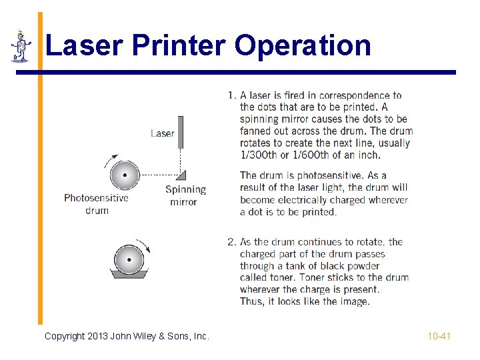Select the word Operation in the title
(303, 46)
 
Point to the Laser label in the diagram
(162, 133)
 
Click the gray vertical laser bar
(180, 132)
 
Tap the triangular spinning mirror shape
(181, 175)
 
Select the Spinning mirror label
(185, 196)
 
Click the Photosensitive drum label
(96, 204)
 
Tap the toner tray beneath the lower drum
(129, 273)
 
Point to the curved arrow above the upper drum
(109, 160)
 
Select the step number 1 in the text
(230, 95)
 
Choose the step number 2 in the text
(231, 242)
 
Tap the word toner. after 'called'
(283, 277)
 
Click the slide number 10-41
(439, 336)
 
